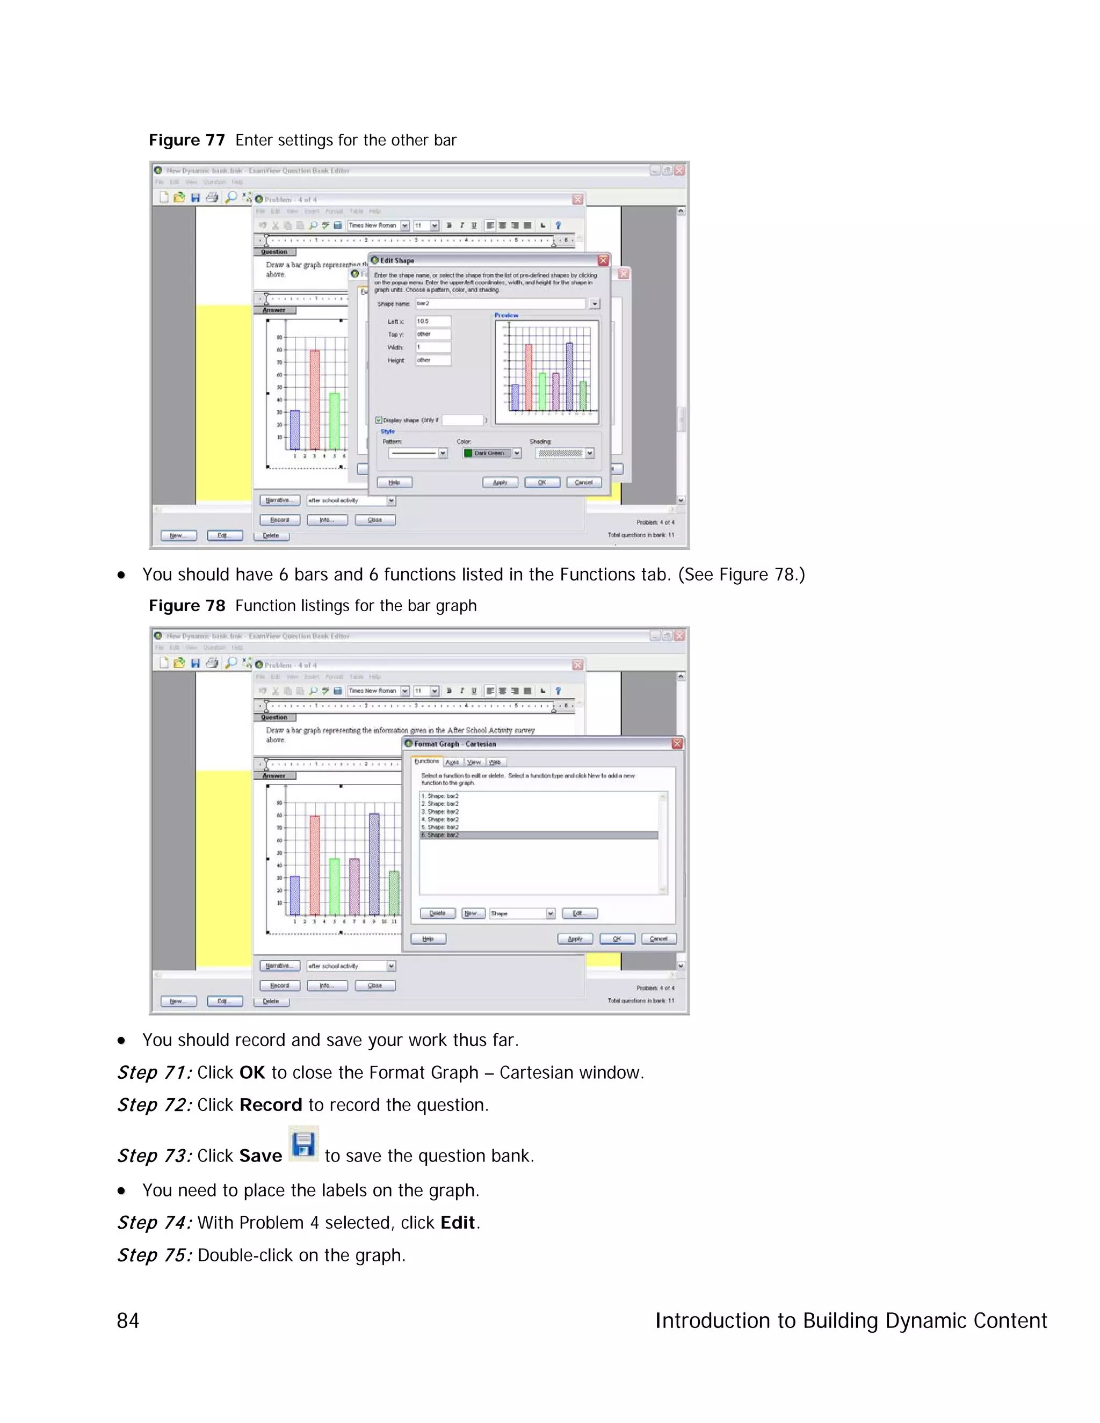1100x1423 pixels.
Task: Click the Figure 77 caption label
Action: pos(186,140)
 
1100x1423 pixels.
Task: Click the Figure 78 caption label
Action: pos(186,606)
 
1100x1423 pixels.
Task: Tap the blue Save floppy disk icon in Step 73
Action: pos(303,1144)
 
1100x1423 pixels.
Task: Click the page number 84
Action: pos(128,1321)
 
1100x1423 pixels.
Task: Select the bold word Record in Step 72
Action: pos(271,1105)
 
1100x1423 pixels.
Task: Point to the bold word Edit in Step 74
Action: pos(458,1222)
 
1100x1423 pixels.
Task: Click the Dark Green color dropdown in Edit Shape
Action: pos(492,453)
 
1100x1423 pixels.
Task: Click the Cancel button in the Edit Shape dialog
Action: pos(583,482)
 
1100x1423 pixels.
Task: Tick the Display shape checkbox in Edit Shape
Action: pos(379,420)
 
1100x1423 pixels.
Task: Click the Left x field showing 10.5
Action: pos(433,321)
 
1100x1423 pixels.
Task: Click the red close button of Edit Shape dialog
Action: pos(603,260)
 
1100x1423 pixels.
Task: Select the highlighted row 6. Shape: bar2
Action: pos(538,834)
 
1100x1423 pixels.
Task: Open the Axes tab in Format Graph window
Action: pos(452,761)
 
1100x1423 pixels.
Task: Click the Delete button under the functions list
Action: pos(437,913)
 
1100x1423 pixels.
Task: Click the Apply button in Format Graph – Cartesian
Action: pos(575,939)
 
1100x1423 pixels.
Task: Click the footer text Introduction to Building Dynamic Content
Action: pos(850,1321)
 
